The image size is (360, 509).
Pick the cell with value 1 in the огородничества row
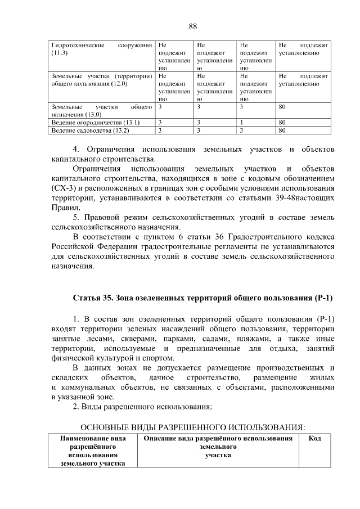pos(241,122)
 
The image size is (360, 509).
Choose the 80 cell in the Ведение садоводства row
pos(282,130)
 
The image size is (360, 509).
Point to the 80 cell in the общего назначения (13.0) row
pos(282,106)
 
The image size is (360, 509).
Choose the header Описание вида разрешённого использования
pos(218,438)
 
